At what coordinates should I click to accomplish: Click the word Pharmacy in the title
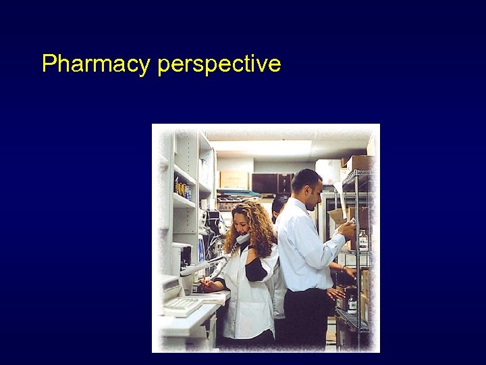click(95, 64)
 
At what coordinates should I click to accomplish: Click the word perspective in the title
click(219, 65)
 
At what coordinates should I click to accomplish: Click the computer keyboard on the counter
click(182, 306)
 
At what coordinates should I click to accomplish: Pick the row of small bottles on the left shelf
click(183, 189)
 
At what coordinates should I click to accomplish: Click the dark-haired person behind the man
click(279, 205)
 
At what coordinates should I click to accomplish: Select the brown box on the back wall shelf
click(234, 179)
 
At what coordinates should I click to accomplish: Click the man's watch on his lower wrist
click(342, 269)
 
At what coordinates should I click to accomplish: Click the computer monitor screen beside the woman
click(201, 249)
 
